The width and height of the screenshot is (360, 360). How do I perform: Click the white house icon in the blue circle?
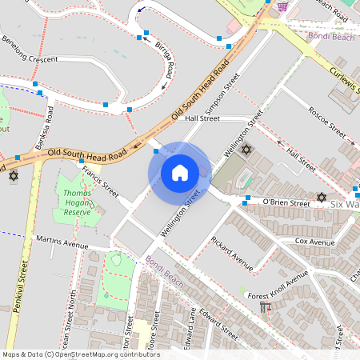tap(179, 173)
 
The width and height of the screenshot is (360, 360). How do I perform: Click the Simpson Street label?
tap(222, 94)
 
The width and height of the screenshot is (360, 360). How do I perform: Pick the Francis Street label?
tap(100, 182)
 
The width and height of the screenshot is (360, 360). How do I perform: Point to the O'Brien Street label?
tap(286, 204)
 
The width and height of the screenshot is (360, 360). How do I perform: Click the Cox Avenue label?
tap(314, 241)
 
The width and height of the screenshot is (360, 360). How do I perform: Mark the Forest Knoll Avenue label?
tap(278, 287)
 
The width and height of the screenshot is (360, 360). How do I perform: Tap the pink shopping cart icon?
tap(282, 6)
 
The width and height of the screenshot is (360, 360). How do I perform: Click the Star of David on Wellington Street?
tap(246, 150)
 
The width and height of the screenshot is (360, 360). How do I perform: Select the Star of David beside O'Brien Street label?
tap(322, 198)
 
